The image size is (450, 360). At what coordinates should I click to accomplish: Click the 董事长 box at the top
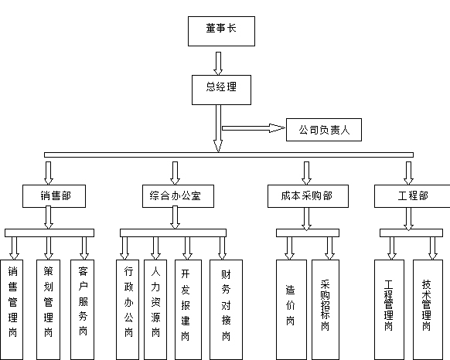(x=221, y=31)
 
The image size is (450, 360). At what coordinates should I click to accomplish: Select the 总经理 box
(x=221, y=90)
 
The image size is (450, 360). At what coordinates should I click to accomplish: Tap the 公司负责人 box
(x=324, y=130)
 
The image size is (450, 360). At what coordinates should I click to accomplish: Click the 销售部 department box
(x=54, y=196)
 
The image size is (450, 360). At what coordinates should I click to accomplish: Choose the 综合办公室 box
(x=178, y=196)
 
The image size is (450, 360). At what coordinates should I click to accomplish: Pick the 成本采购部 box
(x=308, y=196)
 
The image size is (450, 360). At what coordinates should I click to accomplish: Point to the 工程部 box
(x=412, y=196)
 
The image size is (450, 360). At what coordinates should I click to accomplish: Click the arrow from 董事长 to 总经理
(x=218, y=63)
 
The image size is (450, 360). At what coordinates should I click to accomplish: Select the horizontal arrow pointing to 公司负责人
(x=254, y=128)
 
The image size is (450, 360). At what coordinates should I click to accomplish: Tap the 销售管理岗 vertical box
(x=12, y=310)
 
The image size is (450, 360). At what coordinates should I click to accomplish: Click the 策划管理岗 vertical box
(x=48, y=310)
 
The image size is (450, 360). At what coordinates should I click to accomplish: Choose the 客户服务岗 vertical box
(x=83, y=310)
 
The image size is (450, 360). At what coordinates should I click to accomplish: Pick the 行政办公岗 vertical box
(x=128, y=310)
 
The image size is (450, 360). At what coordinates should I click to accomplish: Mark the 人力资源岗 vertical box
(x=155, y=310)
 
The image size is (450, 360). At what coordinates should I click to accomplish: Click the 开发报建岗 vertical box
(x=188, y=310)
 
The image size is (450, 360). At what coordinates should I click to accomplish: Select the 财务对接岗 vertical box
(x=226, y=310)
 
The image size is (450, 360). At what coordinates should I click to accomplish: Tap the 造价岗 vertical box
(x=291, y=310)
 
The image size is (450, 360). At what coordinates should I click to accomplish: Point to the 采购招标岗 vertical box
(x=326, y=310)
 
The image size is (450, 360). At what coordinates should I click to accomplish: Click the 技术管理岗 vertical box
(x=428, y=310)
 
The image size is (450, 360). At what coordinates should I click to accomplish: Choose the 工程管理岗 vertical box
(x=389, y=310)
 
